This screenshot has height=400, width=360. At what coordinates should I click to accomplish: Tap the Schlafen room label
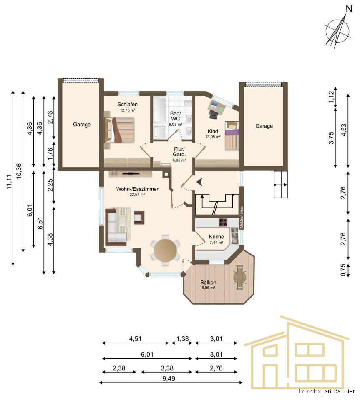pyautogui.click(x=128, y=104)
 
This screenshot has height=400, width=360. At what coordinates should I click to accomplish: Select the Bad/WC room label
pyautogui.click(x=176, y=116)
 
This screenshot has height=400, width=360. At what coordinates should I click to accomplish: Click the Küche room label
pyautogui.click(x=217, y=237)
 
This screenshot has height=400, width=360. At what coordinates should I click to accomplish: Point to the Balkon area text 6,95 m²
pyautogui.click(x=208, y=288)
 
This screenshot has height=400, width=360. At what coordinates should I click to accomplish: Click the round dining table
pyautogui.click(x=166, y=250)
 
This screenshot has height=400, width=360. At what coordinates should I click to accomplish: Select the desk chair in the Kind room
pyautogui.click(x=214, y=109)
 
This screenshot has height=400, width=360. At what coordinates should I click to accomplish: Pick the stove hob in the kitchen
pyautogui.click(x=223, y=222)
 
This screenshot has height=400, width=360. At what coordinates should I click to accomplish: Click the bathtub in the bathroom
pyautogui.click(x=161, y=110)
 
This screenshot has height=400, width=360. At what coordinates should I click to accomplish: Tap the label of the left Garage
pyautogui.click(x=82, y=125)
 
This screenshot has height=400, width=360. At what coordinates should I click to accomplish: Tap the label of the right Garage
pyautogui.click(x=264, y=126)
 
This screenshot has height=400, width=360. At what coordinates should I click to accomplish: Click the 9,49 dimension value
pyautogui.click(x=169, y=378)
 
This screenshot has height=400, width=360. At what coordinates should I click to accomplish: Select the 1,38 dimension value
pyautogui.click(x=182, y=339)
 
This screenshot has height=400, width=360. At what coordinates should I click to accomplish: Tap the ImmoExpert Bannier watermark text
pyautogui.click(x=326, y=392)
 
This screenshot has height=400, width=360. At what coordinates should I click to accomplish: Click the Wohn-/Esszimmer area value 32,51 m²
pyautogui.click(x=137, y=195)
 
